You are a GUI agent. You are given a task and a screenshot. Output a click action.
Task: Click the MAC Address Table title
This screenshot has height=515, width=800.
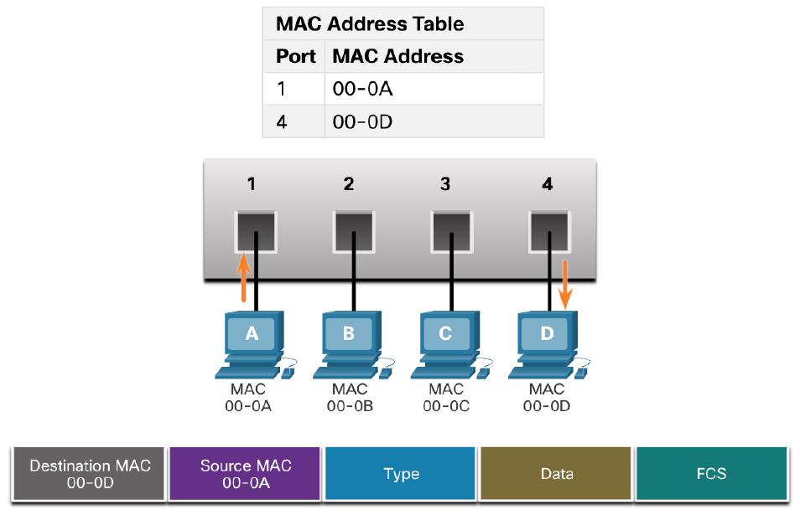(370, 24)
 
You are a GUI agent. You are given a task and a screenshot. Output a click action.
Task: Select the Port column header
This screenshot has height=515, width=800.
(296, 57)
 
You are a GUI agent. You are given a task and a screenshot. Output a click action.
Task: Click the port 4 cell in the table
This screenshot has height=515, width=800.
(283, 122)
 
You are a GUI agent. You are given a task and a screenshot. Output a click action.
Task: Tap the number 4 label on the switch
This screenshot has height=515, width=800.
(548, 184)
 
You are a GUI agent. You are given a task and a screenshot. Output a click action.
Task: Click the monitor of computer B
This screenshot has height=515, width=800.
(348, 334)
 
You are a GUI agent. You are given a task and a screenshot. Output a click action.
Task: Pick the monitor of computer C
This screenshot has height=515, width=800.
(445, 334)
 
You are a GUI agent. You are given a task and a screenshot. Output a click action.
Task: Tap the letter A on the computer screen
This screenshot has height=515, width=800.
(252, 333)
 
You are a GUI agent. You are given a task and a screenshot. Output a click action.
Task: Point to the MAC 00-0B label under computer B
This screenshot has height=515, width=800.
(349, 399)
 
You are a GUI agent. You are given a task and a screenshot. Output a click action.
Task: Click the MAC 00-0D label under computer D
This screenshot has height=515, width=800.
(547, 399)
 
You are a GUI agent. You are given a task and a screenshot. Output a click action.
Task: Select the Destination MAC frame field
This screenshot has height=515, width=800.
(91, 473)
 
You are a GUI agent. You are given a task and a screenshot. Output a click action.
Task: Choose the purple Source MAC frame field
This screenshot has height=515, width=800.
(246, 473)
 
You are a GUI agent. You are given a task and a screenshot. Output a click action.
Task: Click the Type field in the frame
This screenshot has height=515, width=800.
(401, 474)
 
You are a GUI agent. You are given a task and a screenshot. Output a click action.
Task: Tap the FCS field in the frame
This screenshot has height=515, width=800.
(711, 473)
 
